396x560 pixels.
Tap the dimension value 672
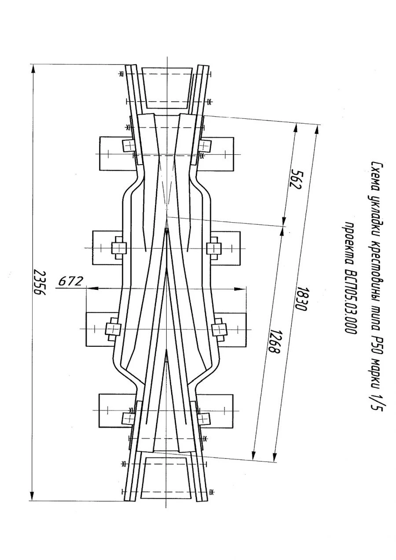click(70, 282)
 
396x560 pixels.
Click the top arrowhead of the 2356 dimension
click(32, 70)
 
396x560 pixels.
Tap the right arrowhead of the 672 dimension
click(238, 289)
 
